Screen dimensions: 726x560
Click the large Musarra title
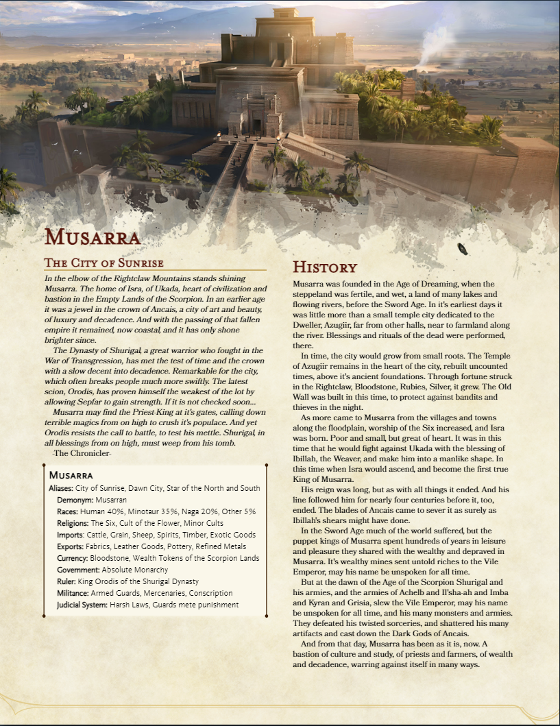tap(93, 238)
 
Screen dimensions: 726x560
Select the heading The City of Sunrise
tap(104, 263)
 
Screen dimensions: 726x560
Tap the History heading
tap(325, 267)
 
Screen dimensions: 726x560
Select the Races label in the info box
tap(67, 511)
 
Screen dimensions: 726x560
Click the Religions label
tap(73, 523)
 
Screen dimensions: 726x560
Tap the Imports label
tap(71, 535)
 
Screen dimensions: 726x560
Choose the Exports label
tap(71, 546)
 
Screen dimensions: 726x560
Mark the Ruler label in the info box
tap(66, 581)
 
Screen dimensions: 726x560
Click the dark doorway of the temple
tap(257, 126)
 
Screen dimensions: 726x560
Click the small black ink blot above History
tap(463, 250)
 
